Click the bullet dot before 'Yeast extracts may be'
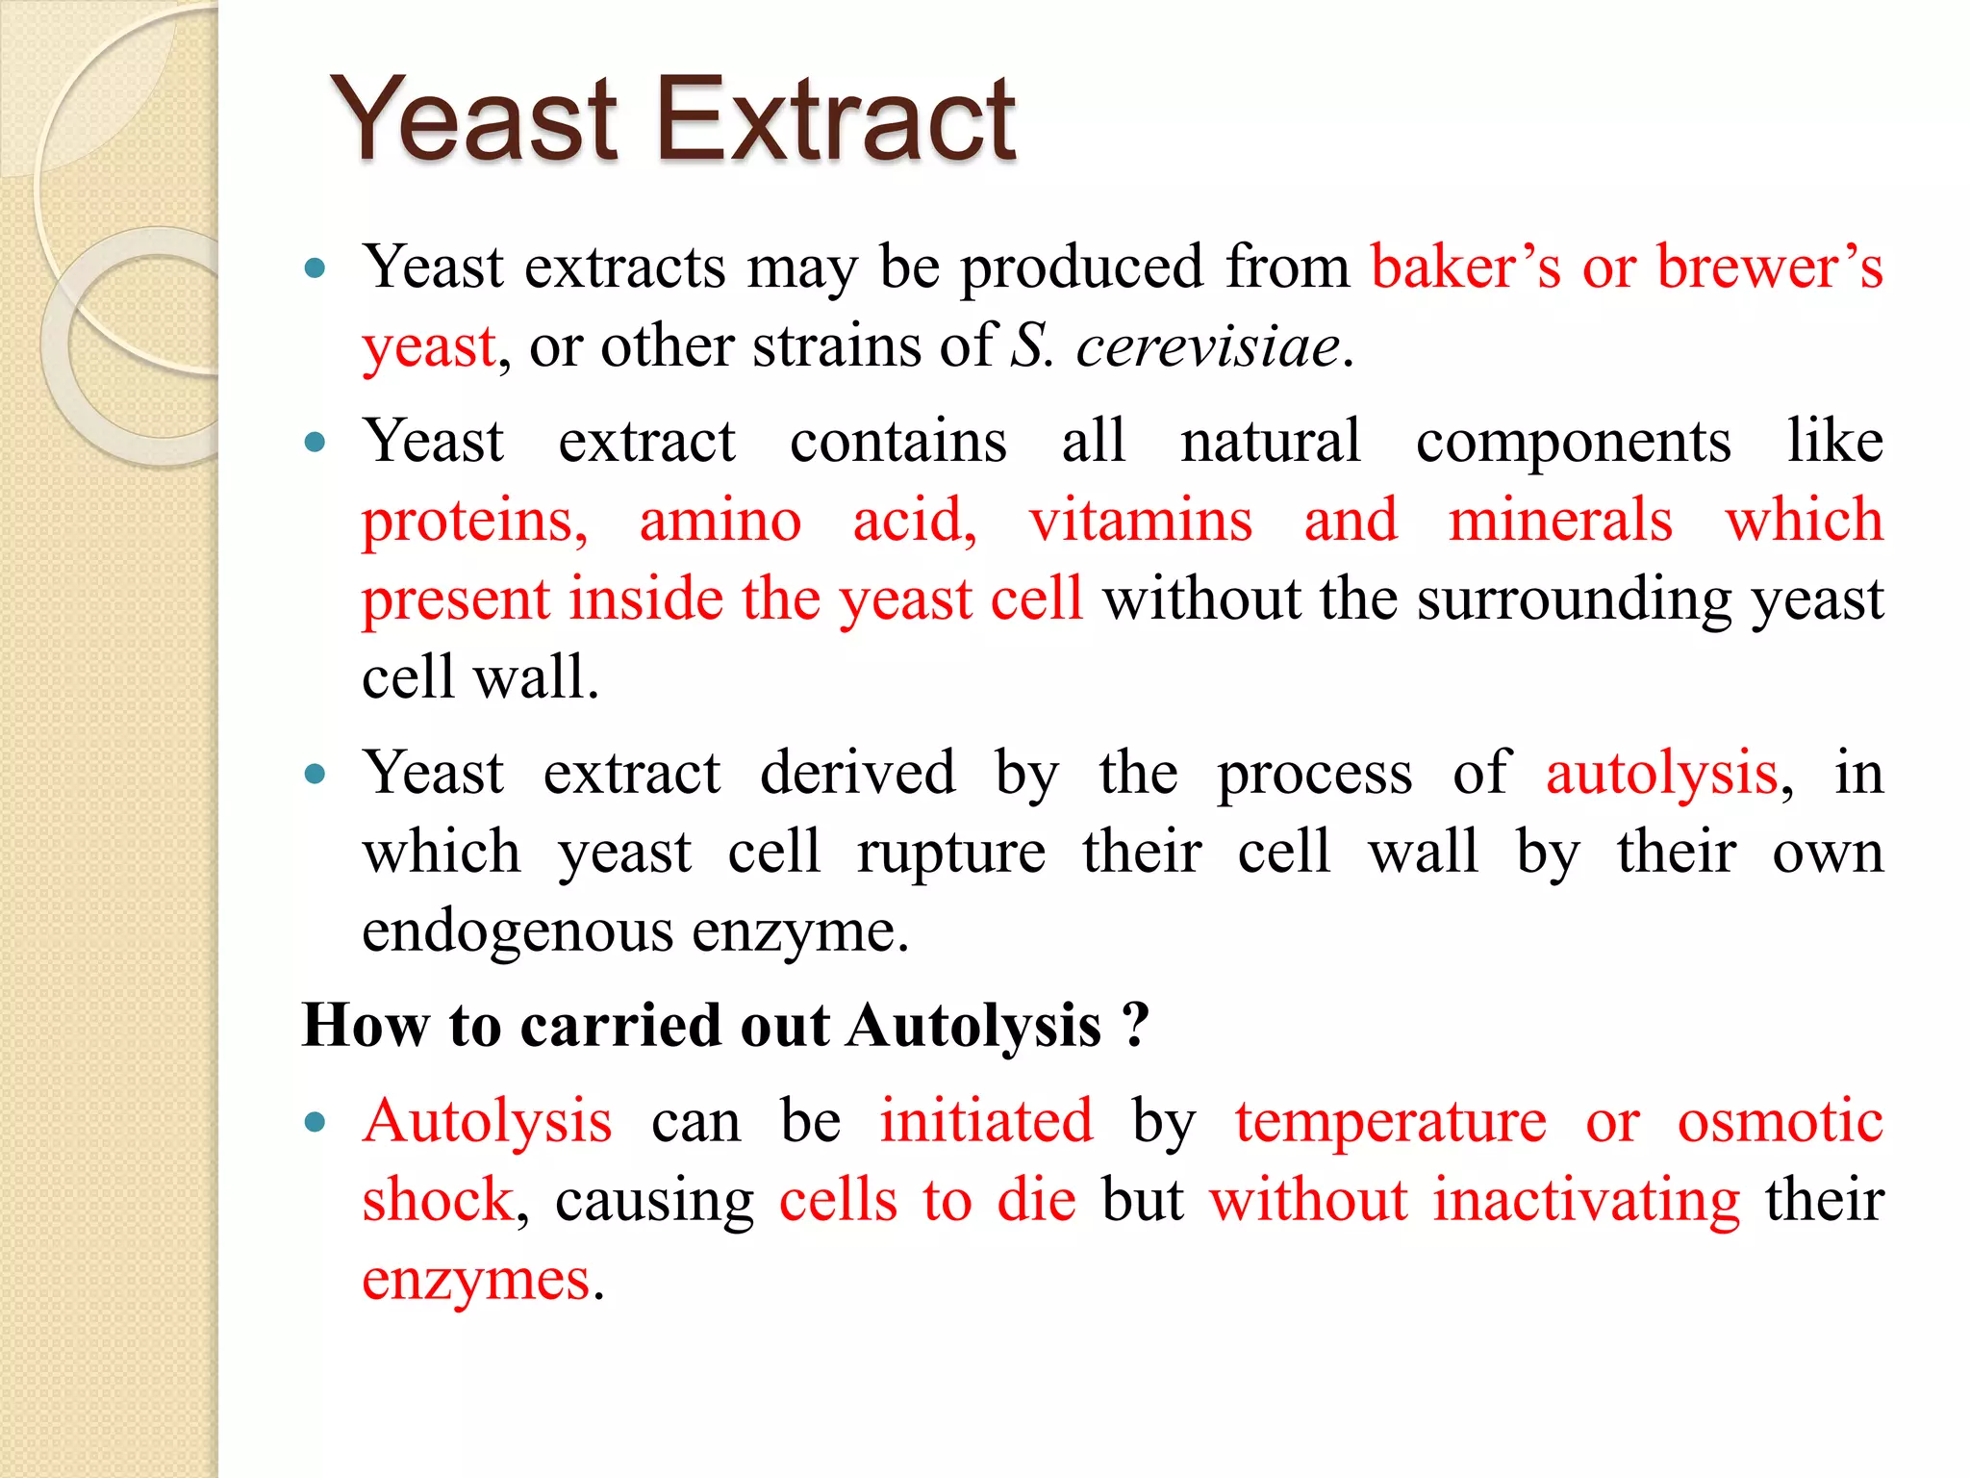[x=315, y=268]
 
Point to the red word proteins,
[x=474, y=521]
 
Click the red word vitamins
[x=1140, y=521]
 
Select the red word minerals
[x=1560, y=521]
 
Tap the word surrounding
[x=1574, y=599]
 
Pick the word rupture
[x=950, y=854]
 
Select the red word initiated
[x=986, y=1122]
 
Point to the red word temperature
[x=1391, y=1122]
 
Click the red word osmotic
[x=1780, y=1122]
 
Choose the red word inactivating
[x=1586, y=1201]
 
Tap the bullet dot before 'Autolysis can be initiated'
[x=315, y=1122]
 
